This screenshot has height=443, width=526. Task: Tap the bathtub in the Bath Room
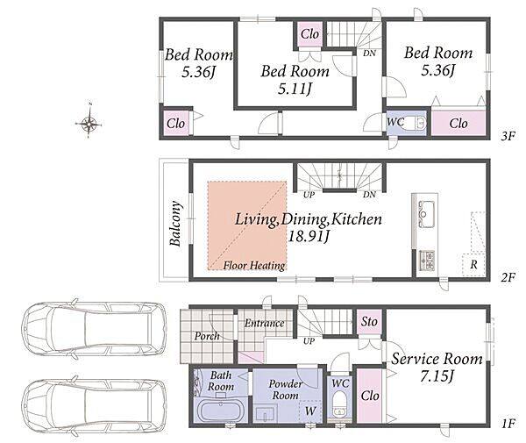click(222, 411)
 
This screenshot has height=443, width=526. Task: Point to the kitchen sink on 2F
click(426, 213)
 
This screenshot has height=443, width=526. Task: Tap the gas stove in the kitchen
click(427, 261)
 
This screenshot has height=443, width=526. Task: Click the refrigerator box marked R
click(473, 265)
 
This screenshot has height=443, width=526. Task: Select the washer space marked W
click(310, 411)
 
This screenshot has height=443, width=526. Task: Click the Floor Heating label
click(254, 266)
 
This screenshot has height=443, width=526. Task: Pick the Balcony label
click(175, 223)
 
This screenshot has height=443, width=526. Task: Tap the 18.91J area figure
click(309, 236)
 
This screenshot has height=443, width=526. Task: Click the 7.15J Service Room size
click(437, 375)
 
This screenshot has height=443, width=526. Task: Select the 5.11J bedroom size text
click(295, 89)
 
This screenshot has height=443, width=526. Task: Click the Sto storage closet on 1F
click(369, 322)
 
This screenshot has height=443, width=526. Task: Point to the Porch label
click(207, 336)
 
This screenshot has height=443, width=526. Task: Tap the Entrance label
click(265, 323)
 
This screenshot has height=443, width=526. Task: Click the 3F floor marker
click(508, 136)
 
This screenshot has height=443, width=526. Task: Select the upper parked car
click(94, 329)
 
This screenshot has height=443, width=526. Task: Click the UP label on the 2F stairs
click(309, 195)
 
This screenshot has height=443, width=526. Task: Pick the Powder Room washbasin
click(265, 413)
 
